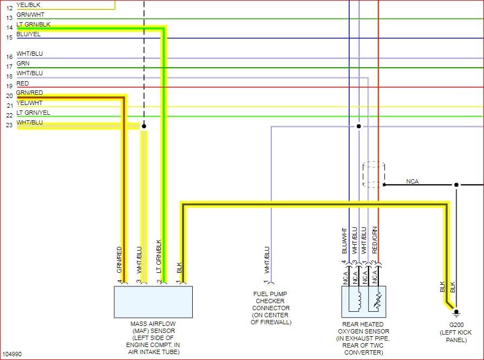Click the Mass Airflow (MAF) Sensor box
click(153, 302)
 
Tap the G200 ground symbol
click(456, 312)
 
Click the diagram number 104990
click(11, 354)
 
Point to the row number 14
click(9, 28)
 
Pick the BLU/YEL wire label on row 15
click(28, 34)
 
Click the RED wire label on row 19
click(23, 83)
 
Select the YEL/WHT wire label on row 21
click(29, 103)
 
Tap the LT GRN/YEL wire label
click(33, 113)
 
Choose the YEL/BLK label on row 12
click(28, 5)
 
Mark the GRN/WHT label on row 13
click(30, 15)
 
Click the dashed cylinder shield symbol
click(374, 174)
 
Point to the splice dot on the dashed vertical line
click(144, 126)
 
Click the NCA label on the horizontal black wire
click(413, 181)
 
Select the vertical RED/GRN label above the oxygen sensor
click(375, 240)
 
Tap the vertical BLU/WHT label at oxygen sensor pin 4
click(344, 241)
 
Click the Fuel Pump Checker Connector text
click(271, 308)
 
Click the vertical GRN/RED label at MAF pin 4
click(119, 260)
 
